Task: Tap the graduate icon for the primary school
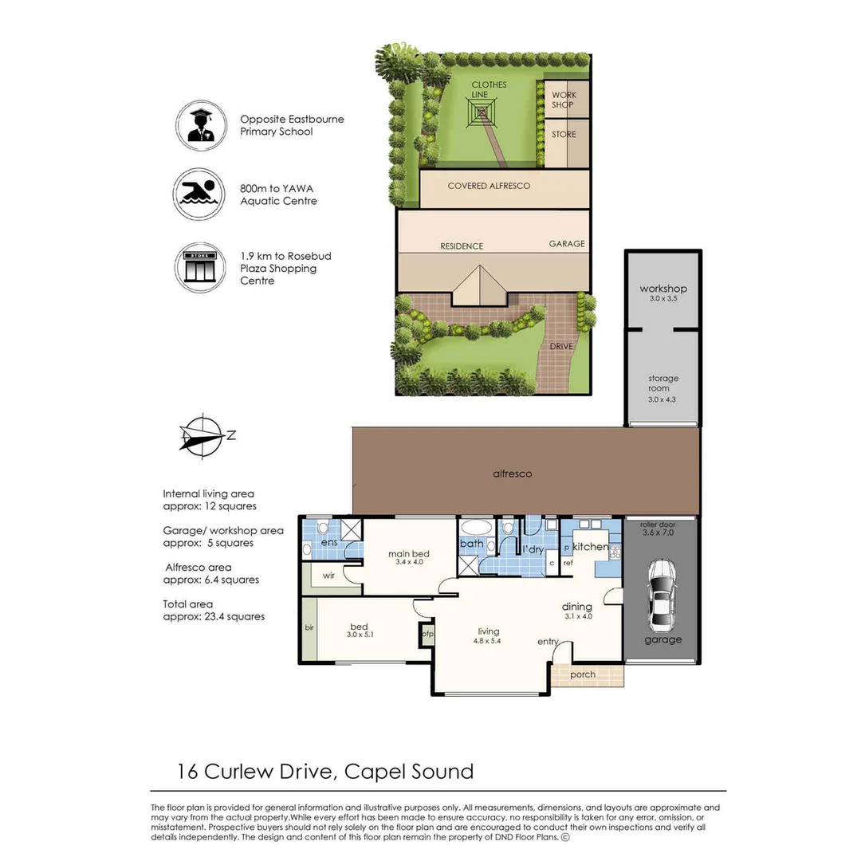coord(199,125)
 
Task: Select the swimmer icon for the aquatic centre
coord(199,194)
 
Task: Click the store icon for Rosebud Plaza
coord(199,268)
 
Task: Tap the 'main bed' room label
coord(408,553)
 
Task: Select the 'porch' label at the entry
coord(584,674)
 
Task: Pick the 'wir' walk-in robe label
coord(328,575)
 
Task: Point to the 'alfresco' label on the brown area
coord(512,474)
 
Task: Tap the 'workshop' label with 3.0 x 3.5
coord(663,289)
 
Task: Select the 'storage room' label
coord(663,383)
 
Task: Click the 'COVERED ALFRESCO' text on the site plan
coord(489,186)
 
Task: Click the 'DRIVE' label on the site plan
coord(561,346)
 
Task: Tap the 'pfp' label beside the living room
coord(428,634)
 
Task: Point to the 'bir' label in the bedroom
coord(309,628)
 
